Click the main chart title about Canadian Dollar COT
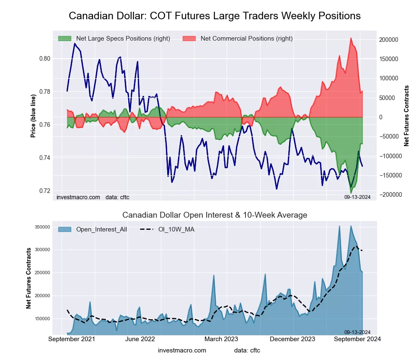[215, 16]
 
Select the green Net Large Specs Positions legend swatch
[65, 39]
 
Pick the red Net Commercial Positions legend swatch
[189, 39]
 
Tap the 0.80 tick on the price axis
[44, 59]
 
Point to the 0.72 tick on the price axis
[44, 191]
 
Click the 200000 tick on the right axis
[388, 39]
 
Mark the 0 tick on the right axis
[381, 117]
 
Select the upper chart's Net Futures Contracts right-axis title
[406, 116]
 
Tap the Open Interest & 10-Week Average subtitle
[215, 215]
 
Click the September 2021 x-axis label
[72, 339]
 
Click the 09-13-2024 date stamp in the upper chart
[357, 197]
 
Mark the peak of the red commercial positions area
[351, 38]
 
